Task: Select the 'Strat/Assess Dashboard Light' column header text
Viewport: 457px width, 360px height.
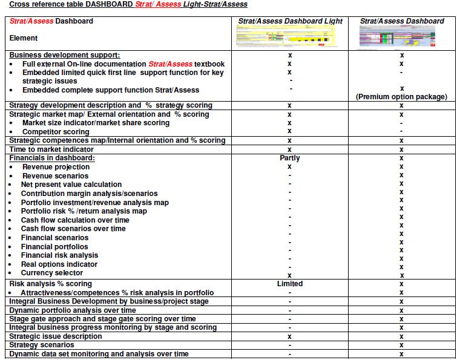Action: [290, 21]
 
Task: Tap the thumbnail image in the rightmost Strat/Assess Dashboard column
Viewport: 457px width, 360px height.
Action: [402, 38]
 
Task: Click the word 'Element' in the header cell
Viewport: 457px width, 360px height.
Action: [24, 38]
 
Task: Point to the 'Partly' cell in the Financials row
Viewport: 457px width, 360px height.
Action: [290, 159]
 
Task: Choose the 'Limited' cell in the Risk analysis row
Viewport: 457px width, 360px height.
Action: [290, 284]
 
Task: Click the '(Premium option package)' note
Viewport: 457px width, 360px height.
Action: [402, 97]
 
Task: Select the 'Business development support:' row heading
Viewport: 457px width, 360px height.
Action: [65, 55]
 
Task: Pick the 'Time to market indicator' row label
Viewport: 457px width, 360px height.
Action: [51, 149]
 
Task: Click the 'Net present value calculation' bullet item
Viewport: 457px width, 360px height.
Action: [71, 185]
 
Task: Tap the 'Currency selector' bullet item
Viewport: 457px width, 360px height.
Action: [52, 273]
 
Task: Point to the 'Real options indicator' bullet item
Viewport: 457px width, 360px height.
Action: [59, 264]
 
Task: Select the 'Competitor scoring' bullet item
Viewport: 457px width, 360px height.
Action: [56, 132]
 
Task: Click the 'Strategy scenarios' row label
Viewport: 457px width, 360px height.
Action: [42, 345]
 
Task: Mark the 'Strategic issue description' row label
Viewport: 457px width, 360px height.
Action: [56, 336]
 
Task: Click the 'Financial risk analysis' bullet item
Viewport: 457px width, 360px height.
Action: [59, 255]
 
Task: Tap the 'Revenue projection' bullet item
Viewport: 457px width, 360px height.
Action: [56, 167]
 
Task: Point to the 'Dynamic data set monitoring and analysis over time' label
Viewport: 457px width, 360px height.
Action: [99, 354]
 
